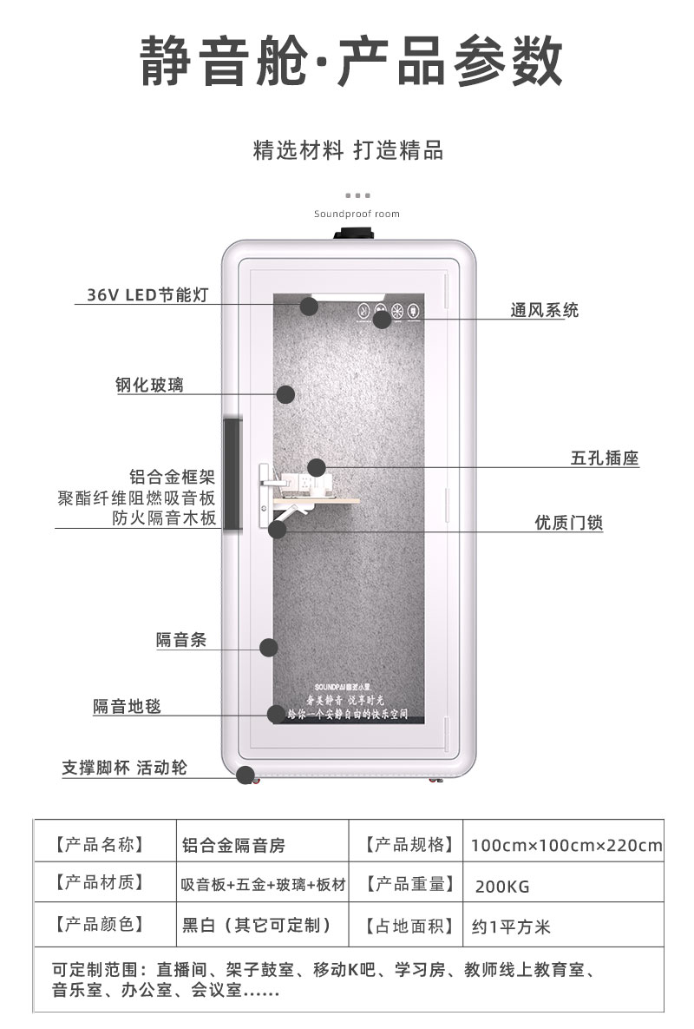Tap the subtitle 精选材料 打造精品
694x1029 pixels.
click(348, 151)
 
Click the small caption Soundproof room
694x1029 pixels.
click(357, 214)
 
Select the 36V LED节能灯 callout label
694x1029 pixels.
click(147, 294)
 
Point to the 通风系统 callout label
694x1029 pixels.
click(544, 310)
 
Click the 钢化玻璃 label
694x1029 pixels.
click(150, 385)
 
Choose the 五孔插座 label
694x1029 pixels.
click(605, 458)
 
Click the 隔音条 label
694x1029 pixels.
click(181, 641)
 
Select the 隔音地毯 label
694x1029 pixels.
click(128, 707)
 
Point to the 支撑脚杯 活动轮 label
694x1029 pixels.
click(124, 768)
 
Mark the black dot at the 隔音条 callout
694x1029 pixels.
click(269, 647)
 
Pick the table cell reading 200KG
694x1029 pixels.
click(502, 887)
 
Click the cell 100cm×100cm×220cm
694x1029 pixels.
click(566, 845)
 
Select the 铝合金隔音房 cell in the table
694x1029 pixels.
click(233, 845)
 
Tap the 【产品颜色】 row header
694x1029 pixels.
click(99, 925)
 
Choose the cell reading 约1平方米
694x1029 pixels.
click(512, 927)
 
